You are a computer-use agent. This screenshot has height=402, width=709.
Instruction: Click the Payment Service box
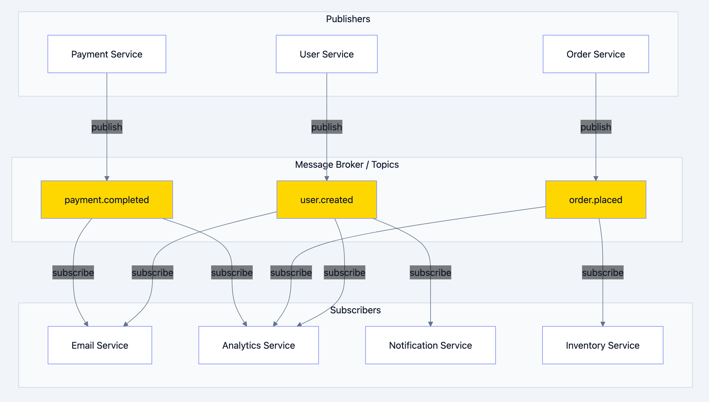click(x=107, y=54)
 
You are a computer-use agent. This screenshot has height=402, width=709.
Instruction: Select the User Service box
click(x=326, y=54)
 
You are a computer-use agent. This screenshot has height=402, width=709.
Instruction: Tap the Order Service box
click(x=596, y=54)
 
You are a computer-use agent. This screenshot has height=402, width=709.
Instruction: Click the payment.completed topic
click(x=107, y=200)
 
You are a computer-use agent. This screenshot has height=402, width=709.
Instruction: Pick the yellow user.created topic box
click(x=326, y=200)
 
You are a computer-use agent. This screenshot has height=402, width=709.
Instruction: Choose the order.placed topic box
click(x=596, y=200)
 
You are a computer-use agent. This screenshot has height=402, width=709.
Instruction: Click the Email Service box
click(x=100, y=345)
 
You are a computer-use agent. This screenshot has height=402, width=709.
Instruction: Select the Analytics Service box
click(x=258, y=345)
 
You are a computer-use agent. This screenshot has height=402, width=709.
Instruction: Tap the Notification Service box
click(x=430, y=345)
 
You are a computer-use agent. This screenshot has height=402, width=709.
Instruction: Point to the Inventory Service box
click(x=602, y=345)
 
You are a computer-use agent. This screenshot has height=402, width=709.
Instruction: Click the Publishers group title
click(x=348, y=19)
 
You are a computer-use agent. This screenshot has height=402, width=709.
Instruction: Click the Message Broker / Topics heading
click(x=347, y=164)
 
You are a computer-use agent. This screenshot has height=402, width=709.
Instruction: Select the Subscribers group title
click(x=355, y=310)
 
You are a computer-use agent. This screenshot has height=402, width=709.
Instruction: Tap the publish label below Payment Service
click(x=107, y=127)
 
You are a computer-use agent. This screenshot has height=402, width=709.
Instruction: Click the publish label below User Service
click(x=327, y=127)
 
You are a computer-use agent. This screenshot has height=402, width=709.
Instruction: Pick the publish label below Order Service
click(x=596, y=127)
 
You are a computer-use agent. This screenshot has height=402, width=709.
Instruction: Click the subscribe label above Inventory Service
click(x=603, y=273)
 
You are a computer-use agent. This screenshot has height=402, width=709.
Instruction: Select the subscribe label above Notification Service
click(x=430, y=273)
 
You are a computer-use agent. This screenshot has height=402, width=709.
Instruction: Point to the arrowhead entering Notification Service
click(x=431, y=324)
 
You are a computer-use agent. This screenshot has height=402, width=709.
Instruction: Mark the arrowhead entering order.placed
click(x=596, y=179)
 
